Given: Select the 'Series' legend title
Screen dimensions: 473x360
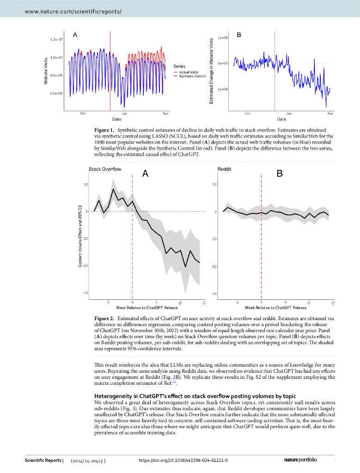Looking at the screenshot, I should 179,67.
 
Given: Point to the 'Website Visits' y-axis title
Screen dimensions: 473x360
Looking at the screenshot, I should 46,70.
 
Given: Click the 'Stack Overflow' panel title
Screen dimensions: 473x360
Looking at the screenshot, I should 105,169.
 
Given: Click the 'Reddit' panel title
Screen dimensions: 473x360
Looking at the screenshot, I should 224,169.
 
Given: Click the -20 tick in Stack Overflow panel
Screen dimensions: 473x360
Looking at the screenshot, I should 85,266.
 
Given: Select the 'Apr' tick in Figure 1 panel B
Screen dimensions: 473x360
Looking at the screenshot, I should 330,113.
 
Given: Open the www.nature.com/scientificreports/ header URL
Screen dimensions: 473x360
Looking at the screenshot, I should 73,8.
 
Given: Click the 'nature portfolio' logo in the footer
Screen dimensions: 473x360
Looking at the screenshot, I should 300,461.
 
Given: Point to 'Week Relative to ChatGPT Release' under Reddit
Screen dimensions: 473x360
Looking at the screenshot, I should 275,307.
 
